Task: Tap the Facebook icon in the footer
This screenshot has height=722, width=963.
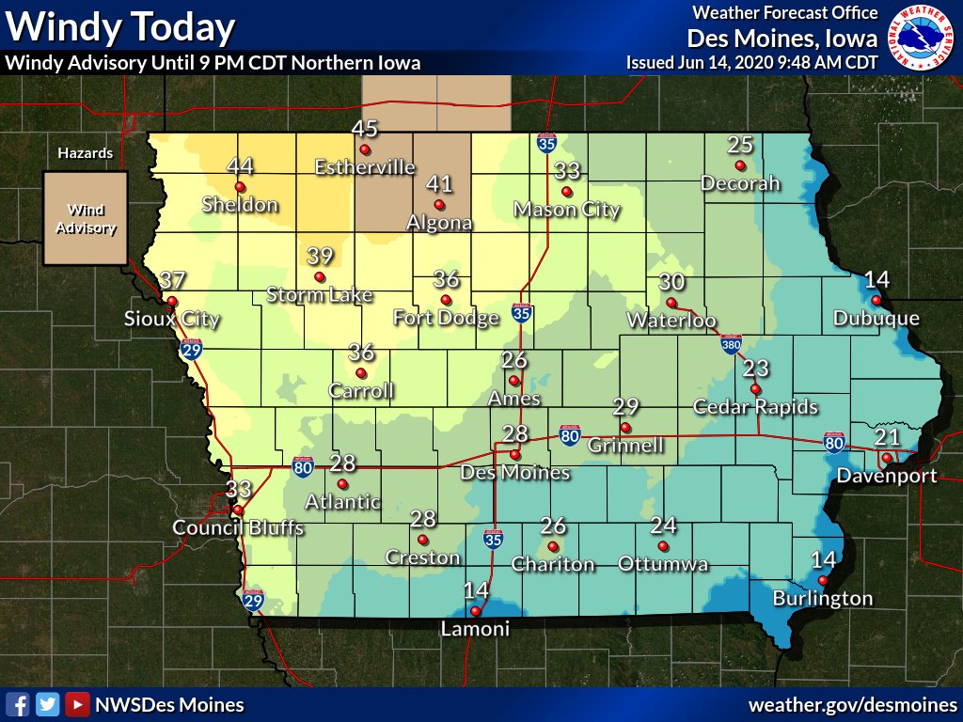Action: pos(16,704)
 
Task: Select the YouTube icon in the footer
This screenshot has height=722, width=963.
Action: pos(78,704)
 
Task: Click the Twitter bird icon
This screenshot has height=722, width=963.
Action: pos(47,704)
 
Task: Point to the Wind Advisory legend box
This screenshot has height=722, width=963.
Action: pos(85,218)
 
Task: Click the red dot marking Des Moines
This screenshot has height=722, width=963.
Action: pos(514,455)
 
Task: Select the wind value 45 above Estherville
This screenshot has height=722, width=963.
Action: pos(364,129)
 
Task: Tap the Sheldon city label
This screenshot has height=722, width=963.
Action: pos(241,205)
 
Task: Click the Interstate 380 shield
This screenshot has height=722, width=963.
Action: pos(732,345)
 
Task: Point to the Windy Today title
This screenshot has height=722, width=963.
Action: pos(120,27)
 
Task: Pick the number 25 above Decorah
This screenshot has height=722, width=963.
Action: pos(740,145)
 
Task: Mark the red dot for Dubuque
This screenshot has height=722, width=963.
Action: pos(876,300)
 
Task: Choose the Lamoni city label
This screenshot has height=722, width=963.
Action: pos(475,629)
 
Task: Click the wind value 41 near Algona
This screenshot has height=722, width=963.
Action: pos(439,184)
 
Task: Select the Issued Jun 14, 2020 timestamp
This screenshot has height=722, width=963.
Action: pos(751,63)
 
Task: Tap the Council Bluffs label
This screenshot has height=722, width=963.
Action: pos(238,528)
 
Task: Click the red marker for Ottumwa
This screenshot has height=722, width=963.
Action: pos(663,545)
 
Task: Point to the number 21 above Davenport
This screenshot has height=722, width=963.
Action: pos(887,437)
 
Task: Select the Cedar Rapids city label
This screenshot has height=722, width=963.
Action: pos(755,407)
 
